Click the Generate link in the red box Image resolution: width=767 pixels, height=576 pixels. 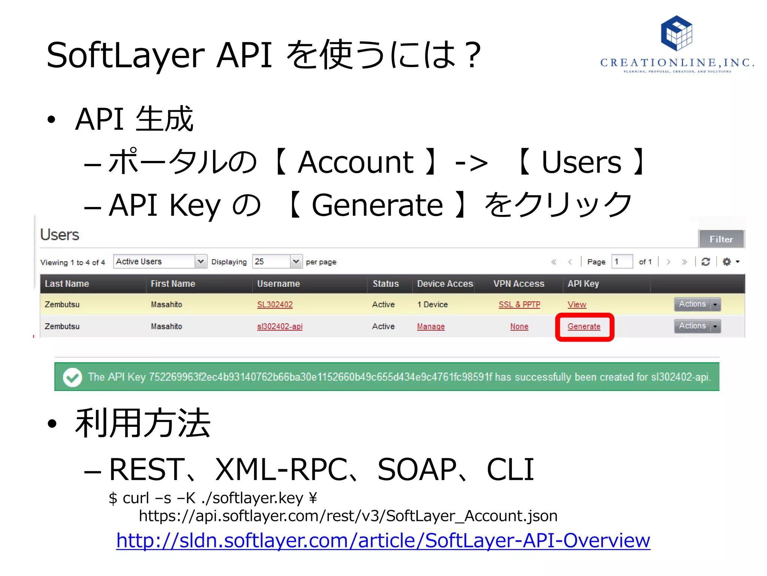pyautogui.click(x=583, y=326)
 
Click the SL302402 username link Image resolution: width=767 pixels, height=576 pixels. pyautogui.click(x=275, y=304)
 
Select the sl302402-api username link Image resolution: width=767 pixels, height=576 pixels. pyautogui.click(x=279, y=326)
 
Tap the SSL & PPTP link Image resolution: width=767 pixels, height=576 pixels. pyautogui.click(x=519, y=304)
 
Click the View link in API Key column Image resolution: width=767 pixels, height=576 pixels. pyautogui.click(x=576, y=304)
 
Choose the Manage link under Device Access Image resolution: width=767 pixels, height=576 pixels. pyautogui.click(x=431, y=326)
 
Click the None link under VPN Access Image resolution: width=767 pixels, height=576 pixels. pyautogui.click(x=519, y=326)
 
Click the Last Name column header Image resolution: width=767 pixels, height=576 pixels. pyautogui.click(x=67, y=283)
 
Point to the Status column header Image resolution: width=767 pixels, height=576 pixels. pyautogui.click(x=385, y=283)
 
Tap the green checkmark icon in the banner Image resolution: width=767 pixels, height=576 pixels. pyautogui.click(x=72, y=377)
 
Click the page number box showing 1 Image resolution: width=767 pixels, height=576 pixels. pyautogui.click(x=622, y=261)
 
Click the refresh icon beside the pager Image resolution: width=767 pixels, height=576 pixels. pyautogui.click(x=706, y=261)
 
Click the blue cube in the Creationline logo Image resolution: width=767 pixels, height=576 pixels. pyautogui.click(x=676, y=33)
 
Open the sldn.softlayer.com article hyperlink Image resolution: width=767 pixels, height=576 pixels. pyautogui.click(x=383, y=540)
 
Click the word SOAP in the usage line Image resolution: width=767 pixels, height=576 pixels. pyautogui.click(x=416, y=469)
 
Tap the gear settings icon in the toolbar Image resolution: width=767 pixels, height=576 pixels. pyautogui.click(x=727, y=261)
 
